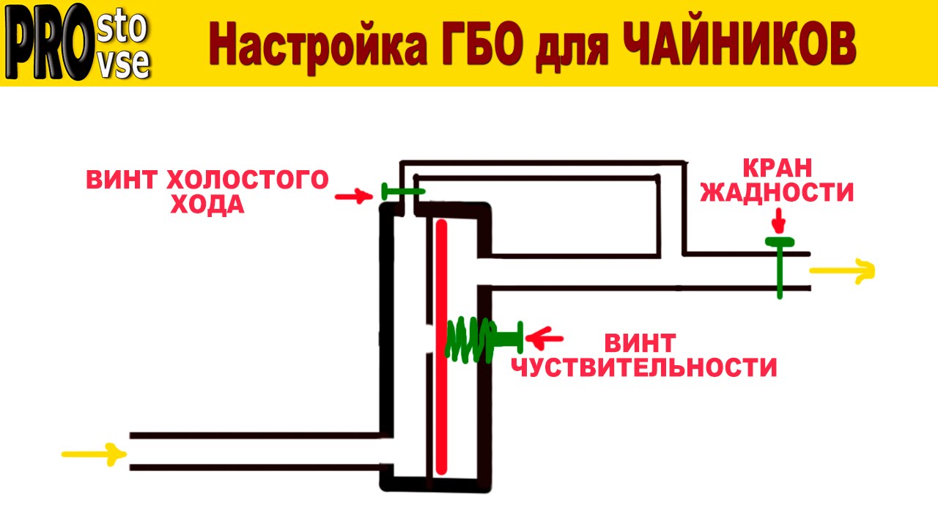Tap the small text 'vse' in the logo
pos(125,65)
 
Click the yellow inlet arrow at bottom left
pos(91,454)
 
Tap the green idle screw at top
pos(402,192)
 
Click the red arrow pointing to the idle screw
pos(352,196)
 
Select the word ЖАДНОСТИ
pos(778,192)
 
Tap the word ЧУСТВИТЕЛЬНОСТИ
pos(643,367)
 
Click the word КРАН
pos(778,167)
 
